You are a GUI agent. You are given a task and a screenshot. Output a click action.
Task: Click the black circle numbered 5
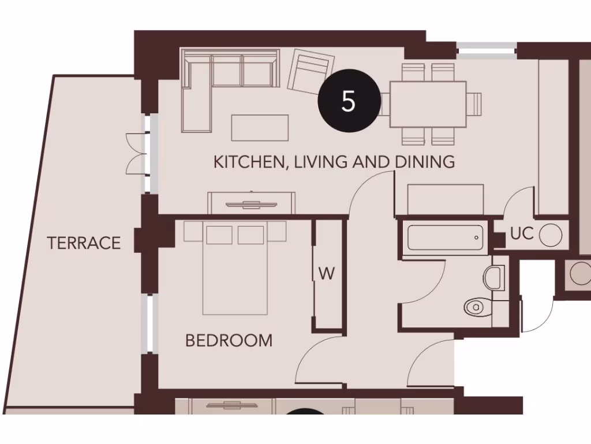click(349, 101)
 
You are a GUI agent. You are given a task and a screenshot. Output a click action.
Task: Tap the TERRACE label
click(84, 243)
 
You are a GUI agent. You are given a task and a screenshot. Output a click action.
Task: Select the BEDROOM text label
click(229, 341)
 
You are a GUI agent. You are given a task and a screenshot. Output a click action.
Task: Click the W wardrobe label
click(327, 274)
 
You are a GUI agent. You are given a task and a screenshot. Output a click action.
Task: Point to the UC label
click(521, 234)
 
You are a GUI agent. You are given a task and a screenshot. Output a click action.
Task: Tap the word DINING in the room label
click(425, 162)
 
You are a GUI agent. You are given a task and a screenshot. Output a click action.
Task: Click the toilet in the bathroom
click(477, 306)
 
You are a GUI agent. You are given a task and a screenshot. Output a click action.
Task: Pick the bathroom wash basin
click(495, 277)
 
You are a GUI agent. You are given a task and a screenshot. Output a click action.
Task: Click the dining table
click(428, 104)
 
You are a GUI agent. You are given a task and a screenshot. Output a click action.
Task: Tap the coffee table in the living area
click(260, 128)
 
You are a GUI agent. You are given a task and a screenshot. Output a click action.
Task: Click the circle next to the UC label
click(551, 235)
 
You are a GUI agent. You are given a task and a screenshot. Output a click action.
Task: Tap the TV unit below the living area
click(252, 203)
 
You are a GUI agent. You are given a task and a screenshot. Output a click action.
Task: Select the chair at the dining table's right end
click(474, 104)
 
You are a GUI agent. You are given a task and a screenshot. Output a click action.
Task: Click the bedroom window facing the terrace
click(151, 324)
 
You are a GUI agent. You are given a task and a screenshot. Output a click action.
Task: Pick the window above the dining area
click(487, 50)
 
